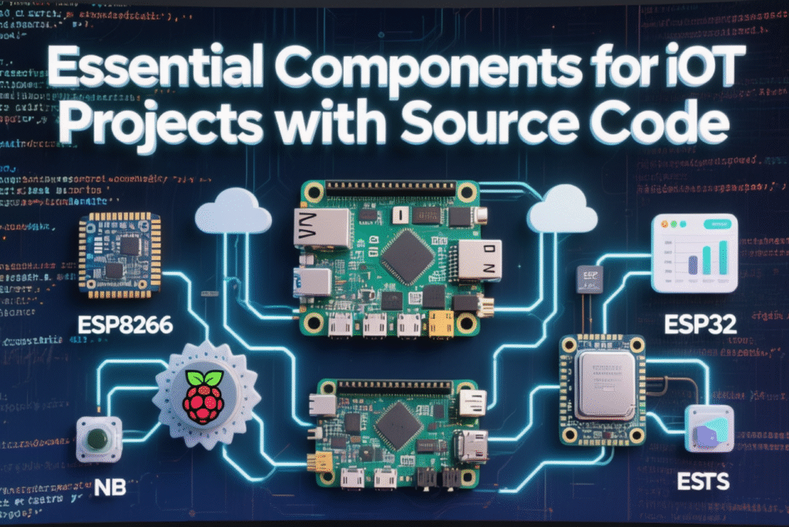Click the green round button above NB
click(x=99, y=439)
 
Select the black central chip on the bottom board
click(x=398, y=423)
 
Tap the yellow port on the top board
click(x=441, y=324)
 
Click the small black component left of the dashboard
click(x=590, y=279)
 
